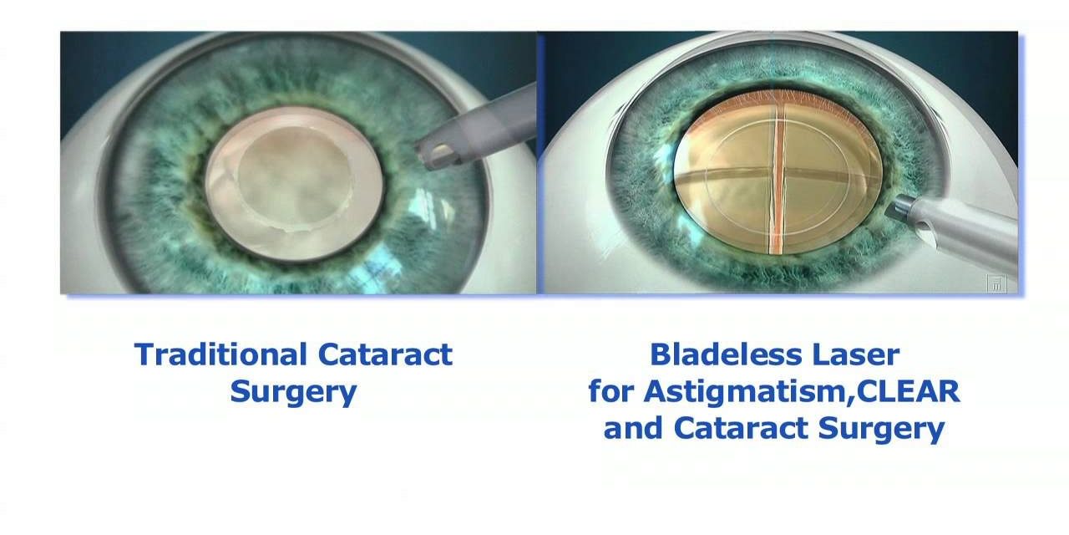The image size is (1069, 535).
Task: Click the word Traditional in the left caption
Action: [x=220, y=354]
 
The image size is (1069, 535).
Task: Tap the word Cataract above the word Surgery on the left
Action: [x=385, y=354]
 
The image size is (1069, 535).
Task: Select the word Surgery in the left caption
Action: [x=293, y=393]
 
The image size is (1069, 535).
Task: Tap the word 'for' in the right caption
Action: [x=611, y=391]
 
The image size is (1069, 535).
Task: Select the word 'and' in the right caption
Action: [x=633, y=427]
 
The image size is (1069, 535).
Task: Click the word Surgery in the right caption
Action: [x=881, y=429]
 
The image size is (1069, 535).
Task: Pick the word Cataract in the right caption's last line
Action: [x=741, y=427]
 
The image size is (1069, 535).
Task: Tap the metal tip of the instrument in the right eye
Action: [x=897, y=209]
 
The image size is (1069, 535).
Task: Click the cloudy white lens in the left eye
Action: [x=294, y=183]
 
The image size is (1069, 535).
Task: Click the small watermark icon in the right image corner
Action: [x=996, y=283]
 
